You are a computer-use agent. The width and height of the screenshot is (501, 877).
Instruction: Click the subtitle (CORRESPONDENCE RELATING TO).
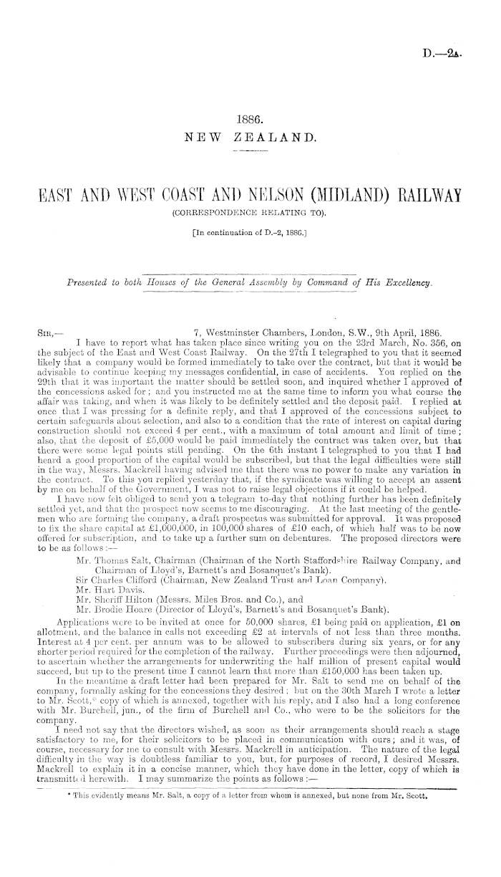click(250, 213)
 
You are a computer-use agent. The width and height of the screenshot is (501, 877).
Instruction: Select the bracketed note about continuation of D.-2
click(250, 231)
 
